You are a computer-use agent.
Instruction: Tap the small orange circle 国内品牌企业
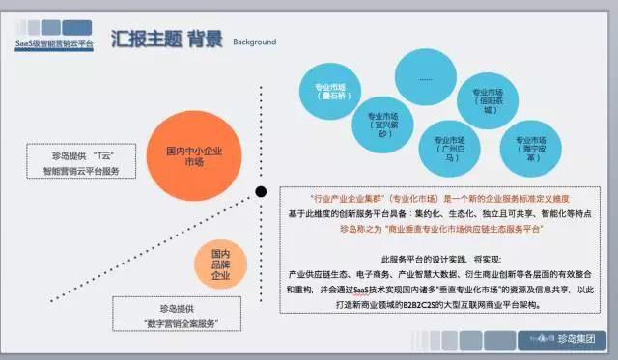pyautogui.click(x=219, y=263)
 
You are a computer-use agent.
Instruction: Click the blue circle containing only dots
pyautogui.click(x=426, y=75)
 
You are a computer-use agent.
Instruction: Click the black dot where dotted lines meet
pyautogui.click(x=261, y=191)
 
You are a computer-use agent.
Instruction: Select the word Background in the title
pyautogui.click(x=254, y=42)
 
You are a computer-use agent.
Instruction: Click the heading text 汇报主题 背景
pyautogui.click(x=166, y=40)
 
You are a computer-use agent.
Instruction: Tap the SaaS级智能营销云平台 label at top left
pyautogui.click(x=53, y=44)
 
